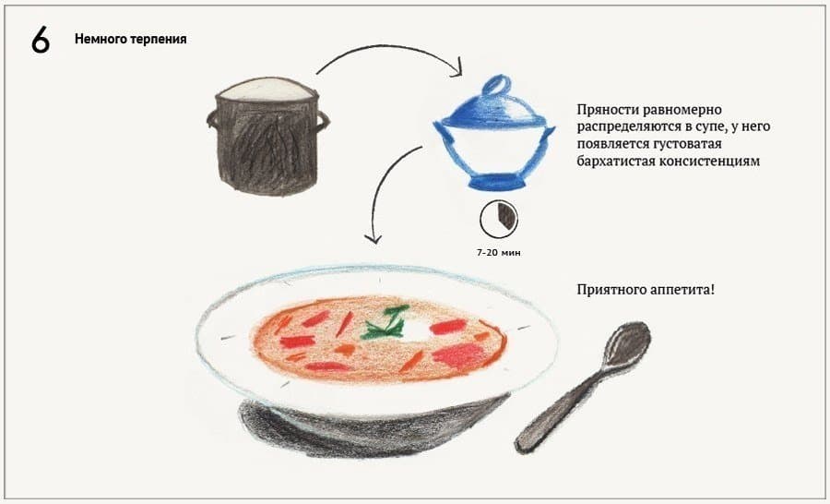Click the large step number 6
tap(41, 40)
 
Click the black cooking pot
tap(267, 136)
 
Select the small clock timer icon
tap(499, 219)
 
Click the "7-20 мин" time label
tap(499, 253)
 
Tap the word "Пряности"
tap(607, 110)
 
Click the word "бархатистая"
tap(616, 162)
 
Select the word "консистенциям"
tap(710, 162)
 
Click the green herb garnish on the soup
tap(385, 323)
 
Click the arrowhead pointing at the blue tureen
tap(456, 67)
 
